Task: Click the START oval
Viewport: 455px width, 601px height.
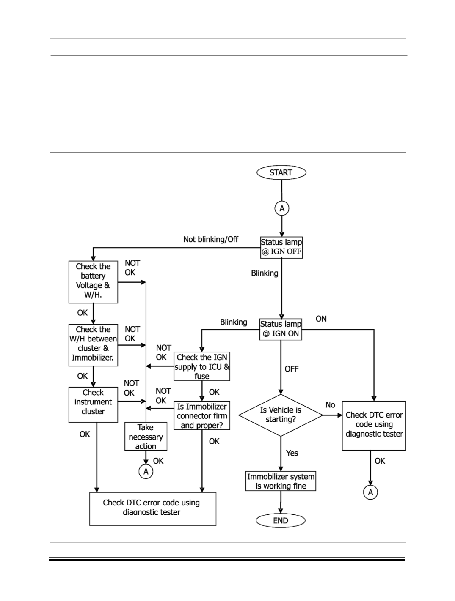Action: pos(281,172)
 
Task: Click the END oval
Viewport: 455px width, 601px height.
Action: pos(280,520)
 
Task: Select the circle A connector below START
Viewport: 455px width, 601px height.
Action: pos(282,208)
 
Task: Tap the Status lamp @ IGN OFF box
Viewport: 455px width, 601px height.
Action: pos(281,247)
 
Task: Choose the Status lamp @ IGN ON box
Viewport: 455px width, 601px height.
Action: pos(281,329)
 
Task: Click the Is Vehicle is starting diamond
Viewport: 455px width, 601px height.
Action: pos(281,415)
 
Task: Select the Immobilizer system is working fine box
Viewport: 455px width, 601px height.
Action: pos(280,481)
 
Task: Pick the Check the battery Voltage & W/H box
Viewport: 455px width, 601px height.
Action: pos(93,282)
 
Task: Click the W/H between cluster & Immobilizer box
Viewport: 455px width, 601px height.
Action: pos(93,345)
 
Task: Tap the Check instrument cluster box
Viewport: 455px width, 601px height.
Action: pos(93,404)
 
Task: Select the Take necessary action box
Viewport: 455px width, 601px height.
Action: pos(146,436)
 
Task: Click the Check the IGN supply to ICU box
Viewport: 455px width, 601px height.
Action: pos(202,366)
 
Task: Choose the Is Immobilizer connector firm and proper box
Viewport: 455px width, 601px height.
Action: pos(202,415)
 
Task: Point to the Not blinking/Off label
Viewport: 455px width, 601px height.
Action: pos(210,239)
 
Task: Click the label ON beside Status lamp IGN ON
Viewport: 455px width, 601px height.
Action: pos(321,319)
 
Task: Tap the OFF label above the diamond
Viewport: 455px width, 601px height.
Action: pos(291,369)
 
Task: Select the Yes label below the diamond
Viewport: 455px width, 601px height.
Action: pos(292,453)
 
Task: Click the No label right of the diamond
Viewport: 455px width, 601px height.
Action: pos(330,405)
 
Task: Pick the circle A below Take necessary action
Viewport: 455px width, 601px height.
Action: pos(146,472)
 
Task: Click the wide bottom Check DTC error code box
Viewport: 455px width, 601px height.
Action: pos(153,509)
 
